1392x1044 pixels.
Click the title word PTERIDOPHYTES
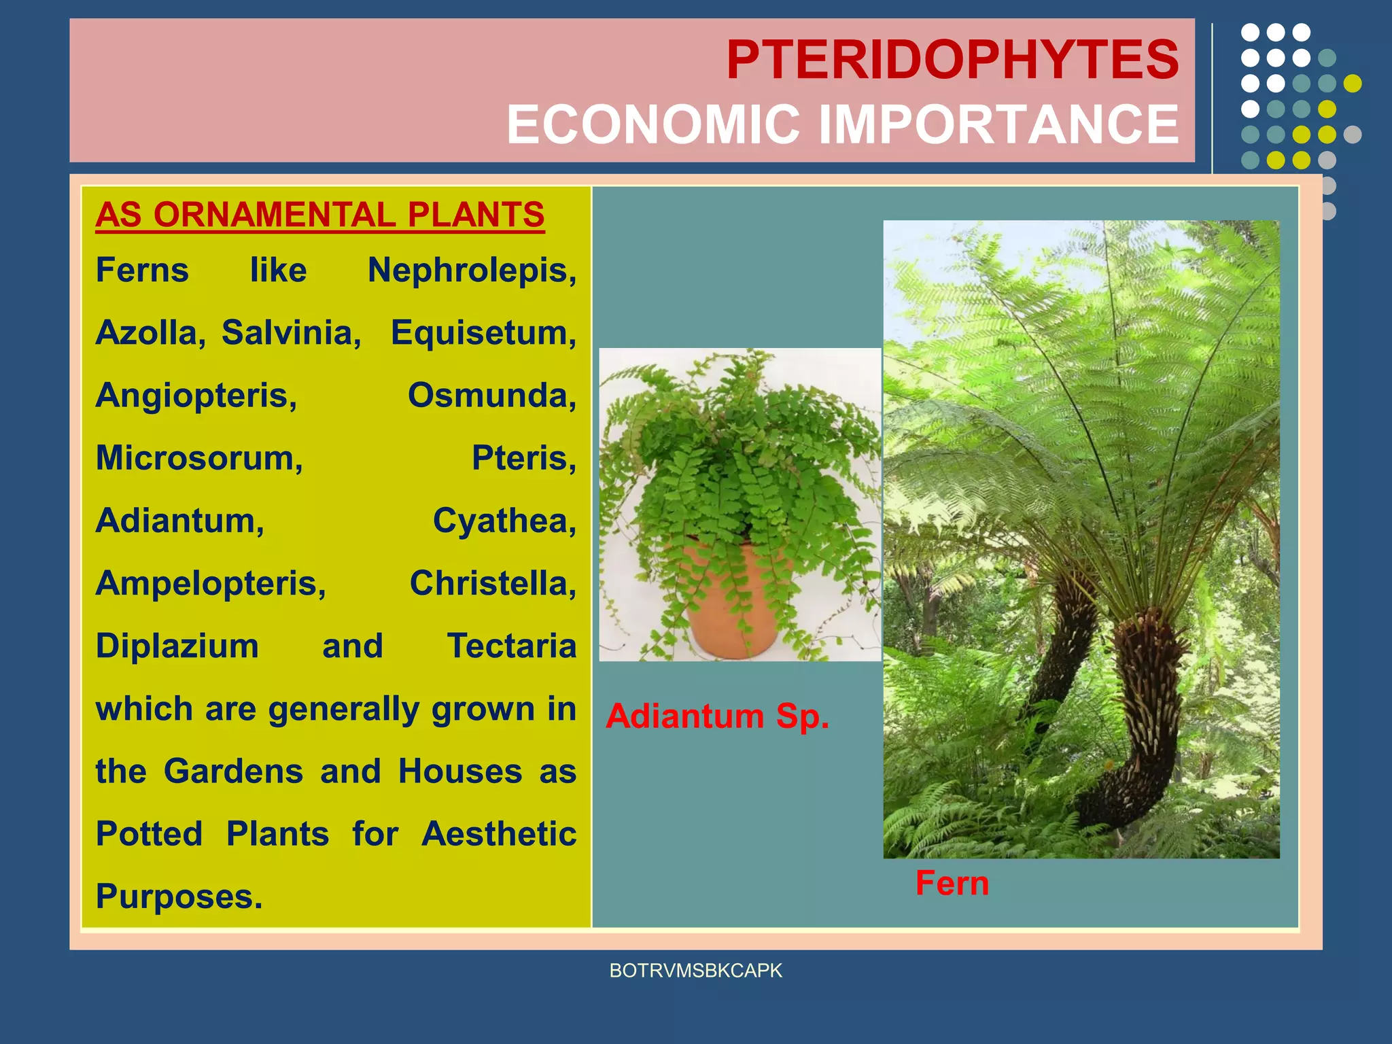click(x=952, y=60)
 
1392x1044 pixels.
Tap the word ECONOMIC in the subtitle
click(x=652, y=125)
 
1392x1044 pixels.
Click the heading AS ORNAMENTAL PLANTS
click(x=319, y=215)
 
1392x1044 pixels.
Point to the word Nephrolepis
click(x=471, y=271)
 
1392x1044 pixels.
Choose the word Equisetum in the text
click(x=483, y=333)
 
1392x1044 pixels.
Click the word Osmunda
click(x=491, y=396)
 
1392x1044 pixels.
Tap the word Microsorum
click(x=198, y=458)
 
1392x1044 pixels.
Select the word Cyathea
click(x=504, y=521)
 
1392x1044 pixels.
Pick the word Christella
click(x=492, y=584)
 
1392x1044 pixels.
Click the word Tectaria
click(x=511, y=646)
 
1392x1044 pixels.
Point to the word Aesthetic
click(x=498, y=834)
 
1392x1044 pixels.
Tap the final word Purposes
click(x=178, y=897)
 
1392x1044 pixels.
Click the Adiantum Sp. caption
click(x=717, y=716)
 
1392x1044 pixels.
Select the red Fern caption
click(x=952, y=883)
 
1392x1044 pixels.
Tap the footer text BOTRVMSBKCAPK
click(x=695, y=971)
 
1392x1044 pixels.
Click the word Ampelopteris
click(x=211, y=584)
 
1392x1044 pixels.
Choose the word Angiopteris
click(x=196, y=396)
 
